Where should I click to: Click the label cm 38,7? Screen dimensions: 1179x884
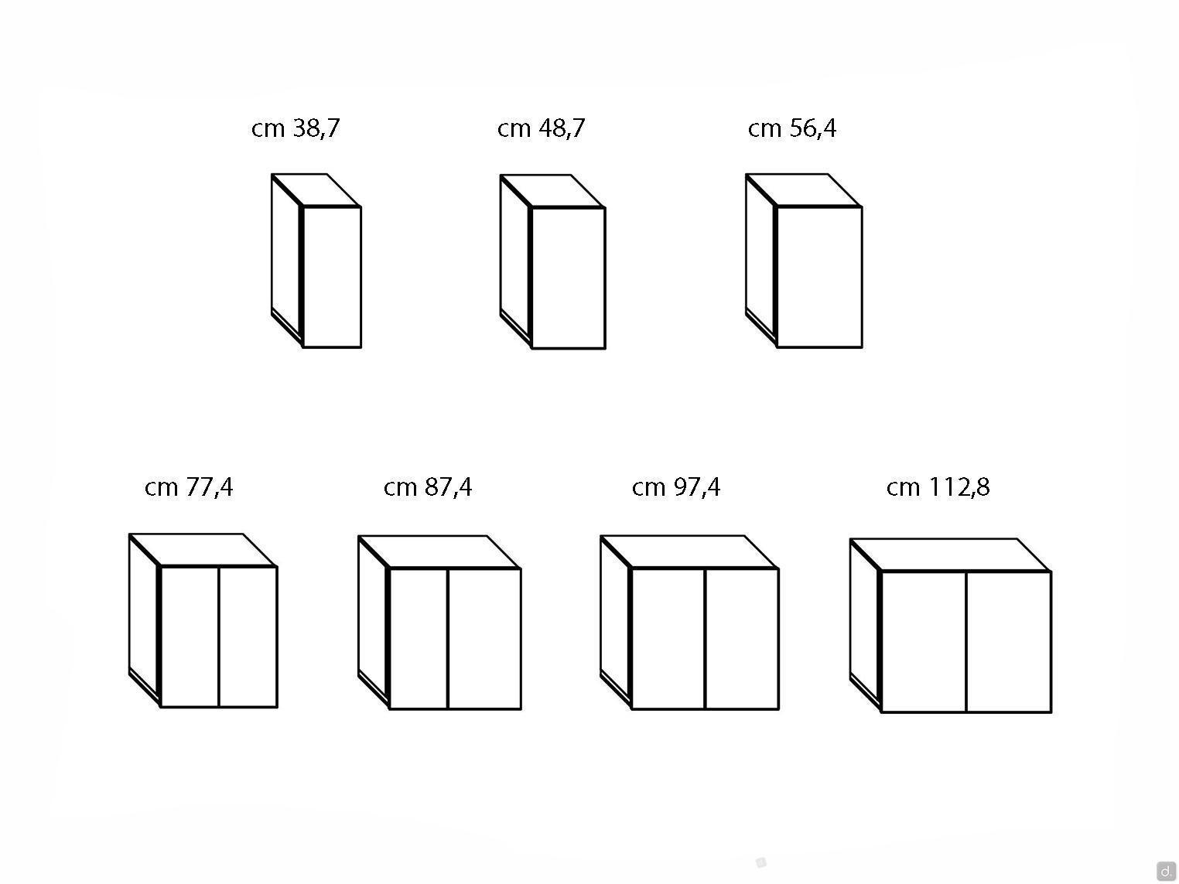tap(296, 129)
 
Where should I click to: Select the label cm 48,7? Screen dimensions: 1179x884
tap(541, 129)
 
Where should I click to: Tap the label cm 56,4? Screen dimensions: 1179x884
tap(791, 129)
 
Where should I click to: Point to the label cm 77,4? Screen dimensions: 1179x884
tap(189, 488)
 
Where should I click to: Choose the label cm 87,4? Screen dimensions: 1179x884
tap(428, 488)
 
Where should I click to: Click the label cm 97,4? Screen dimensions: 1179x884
tap(675, 488)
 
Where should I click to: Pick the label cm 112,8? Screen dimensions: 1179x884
tap(938, 488)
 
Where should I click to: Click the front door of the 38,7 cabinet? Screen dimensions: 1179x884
tap(332, 277)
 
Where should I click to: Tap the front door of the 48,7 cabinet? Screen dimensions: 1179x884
tap(569, 278)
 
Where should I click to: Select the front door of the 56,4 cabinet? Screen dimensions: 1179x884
tap(819, 277)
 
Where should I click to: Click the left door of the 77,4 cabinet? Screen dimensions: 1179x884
tap(190, 637)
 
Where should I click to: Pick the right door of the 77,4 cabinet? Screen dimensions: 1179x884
tap(248, 637)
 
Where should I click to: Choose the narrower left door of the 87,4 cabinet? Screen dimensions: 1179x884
tap(419, 639)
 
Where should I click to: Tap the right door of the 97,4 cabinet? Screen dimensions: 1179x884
tap(742, 639)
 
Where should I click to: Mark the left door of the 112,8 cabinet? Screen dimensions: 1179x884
tap(924, 642)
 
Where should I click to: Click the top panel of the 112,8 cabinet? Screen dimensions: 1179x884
tap(950, 555)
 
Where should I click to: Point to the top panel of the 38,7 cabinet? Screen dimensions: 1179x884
tap(316, 190)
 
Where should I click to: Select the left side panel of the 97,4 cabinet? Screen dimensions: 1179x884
tap(616, 623)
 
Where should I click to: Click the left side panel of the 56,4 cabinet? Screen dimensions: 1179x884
tap(761, 261)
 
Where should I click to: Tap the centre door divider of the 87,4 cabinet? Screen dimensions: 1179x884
tap(448, 639)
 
